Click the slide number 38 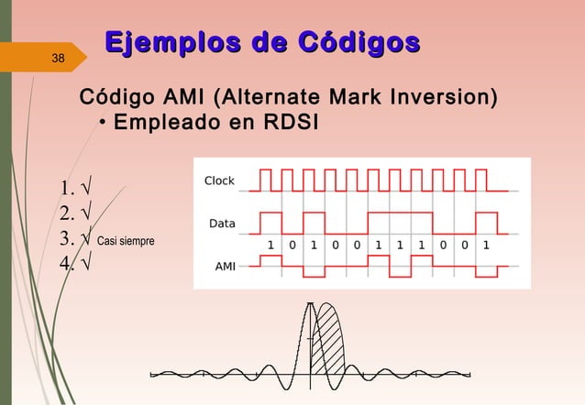58,60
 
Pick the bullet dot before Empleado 103,123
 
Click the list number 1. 64,191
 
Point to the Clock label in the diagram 219,181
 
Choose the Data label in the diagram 222,223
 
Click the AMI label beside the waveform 223,267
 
